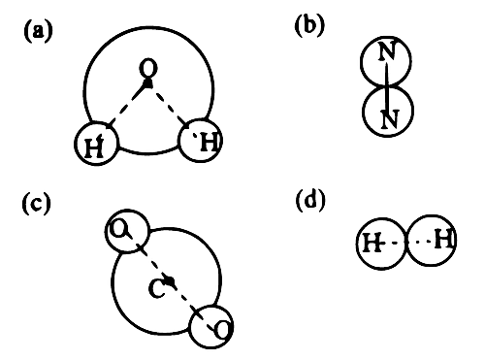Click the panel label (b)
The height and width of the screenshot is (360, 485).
[x=309, y=25]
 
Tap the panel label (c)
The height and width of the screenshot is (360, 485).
[x=37, y=203]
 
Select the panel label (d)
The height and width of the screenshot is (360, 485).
[x=310, y=201]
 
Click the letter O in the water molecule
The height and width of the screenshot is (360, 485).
[x=148, y=68]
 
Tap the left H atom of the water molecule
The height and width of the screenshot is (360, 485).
[x=96, y=144]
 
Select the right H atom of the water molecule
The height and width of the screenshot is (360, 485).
[x=201, y=141]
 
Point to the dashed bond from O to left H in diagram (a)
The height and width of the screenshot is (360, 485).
[x=127, y=104]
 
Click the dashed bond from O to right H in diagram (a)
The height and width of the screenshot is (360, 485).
[x=169, y=105]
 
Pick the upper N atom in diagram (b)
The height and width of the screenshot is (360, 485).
[x=386, y=61]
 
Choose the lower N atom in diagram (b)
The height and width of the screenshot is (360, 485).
[x=387, y=112]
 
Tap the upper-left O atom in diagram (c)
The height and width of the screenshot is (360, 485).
[x=127, y=231]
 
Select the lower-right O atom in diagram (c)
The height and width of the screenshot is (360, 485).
[x=210, y=326]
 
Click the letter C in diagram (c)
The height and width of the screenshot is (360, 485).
[x=157, y=288]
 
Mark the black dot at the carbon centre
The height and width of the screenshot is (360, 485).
[x=170, y=280]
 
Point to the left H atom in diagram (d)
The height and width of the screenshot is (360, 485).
[x=381, y=244]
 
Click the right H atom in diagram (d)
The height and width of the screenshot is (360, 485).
[x=432, y=241]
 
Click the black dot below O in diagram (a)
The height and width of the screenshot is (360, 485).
[x=147, y=82]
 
